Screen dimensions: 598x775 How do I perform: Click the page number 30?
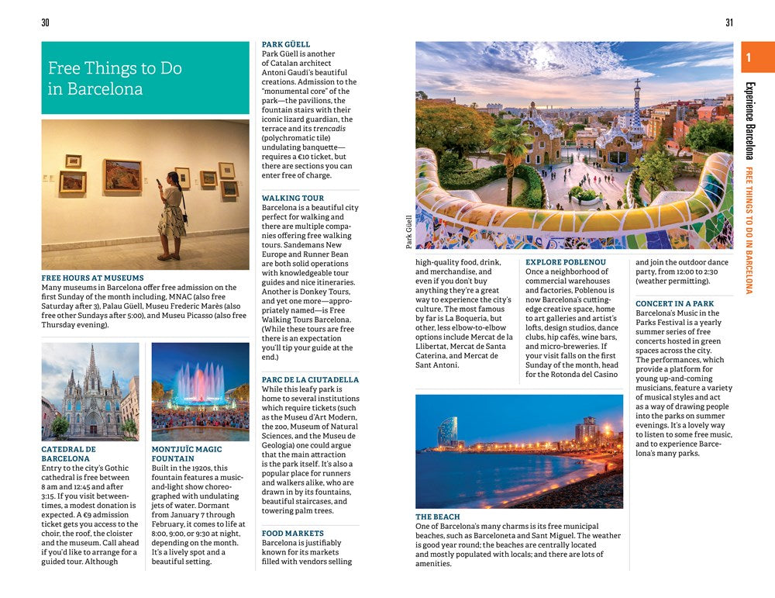coord(45,22)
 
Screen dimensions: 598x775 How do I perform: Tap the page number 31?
coord(729,22)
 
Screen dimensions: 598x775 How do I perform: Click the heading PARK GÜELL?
coord(286,45)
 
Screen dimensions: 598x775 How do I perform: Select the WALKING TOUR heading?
coord(293,199)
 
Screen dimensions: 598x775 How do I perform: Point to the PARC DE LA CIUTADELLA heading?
coord(310,380)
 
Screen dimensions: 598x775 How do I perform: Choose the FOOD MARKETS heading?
coord(293,534)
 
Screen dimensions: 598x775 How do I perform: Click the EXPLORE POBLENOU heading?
coord(566,263)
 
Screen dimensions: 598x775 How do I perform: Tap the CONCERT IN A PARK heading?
coord(675,304)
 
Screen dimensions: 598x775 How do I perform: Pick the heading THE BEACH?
coord(438,517)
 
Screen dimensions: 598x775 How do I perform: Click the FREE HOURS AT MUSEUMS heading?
coord(92,278)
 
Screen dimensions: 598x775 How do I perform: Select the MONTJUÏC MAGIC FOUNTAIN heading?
coord(187,454)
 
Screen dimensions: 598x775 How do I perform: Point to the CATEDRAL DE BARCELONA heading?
coord(69,454)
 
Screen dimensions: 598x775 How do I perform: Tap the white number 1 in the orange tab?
coord(749,57)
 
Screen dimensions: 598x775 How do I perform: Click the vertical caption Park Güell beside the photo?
coord(408,232)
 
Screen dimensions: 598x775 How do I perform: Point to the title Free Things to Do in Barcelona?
coord(115,78)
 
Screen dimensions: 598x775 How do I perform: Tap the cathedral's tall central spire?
coord(92,365)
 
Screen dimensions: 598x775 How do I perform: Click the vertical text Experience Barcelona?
coord(749,120)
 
